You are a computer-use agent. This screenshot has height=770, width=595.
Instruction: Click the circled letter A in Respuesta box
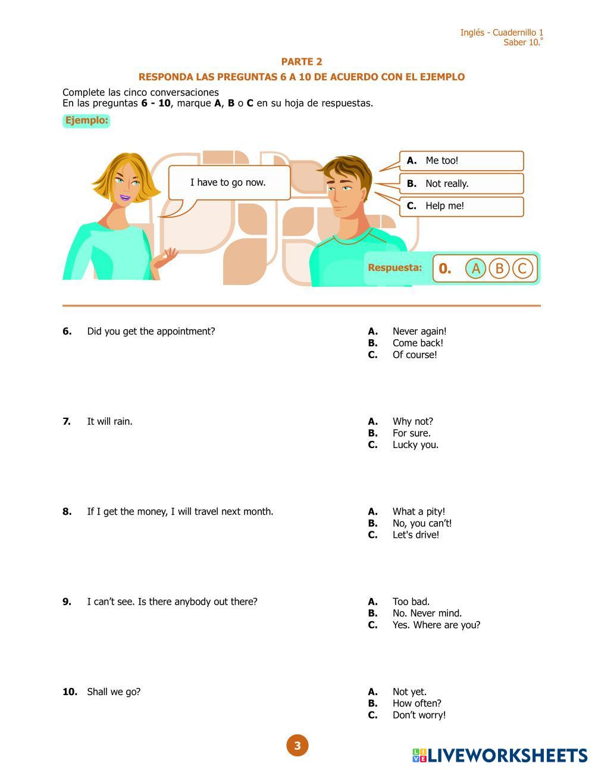point(475,268)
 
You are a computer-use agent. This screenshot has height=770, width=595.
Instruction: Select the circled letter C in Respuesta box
point(522,268)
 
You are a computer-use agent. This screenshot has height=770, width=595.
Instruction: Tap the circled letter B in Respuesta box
point(499,268)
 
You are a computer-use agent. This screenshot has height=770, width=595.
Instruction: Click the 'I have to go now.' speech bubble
point(228,183)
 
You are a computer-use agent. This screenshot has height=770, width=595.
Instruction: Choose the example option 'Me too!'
point(461,161)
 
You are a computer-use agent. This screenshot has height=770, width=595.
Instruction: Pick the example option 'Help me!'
point(461,206)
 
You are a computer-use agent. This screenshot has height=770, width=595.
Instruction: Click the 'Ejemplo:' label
point(86,121)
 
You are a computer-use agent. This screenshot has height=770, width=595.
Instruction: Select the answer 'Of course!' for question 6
point(414,355)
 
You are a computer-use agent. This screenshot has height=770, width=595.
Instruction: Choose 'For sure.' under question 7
point(411,433)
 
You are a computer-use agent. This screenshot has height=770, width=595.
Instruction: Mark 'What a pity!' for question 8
point(418,512)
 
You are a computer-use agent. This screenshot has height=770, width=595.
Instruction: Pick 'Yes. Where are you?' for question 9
point(436,625)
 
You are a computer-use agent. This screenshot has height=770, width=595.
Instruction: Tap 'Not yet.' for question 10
point(409,691)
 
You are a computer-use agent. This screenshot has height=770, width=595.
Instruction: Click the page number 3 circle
point(297,745)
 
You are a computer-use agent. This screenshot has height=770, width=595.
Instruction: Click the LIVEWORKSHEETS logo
point(500,755)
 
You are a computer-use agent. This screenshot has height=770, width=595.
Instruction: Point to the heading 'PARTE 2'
point(302,62)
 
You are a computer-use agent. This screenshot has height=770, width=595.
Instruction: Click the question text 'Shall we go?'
point(114,691)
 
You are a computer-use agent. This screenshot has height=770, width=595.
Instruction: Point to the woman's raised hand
point(168,257)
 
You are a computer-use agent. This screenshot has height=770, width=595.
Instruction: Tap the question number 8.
point(67,512)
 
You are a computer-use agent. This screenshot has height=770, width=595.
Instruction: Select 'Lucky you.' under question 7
point(415,445)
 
